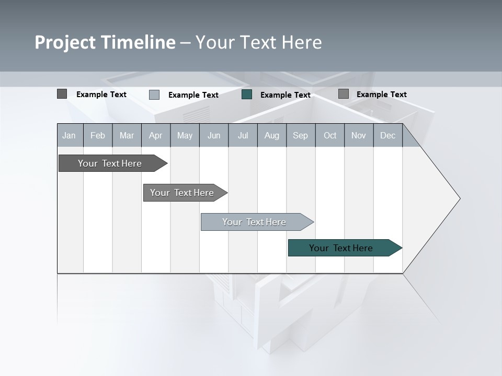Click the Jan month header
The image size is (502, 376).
pyautogui.click(x=70, y=135)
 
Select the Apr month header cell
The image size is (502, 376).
pyautogui.click(x=156, y=135)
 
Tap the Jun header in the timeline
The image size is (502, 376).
pyautogui.click(x=214, y=135)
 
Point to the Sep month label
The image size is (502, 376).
pyautogui.click(x=300, y=135)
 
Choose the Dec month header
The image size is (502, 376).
pyautogui.click(x=387, y=135)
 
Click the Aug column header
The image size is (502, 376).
pyautogui.click(x=271, y=135)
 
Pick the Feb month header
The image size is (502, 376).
pyautogui.click(x=98, y=135)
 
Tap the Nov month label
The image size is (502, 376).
pyautogui.click(x=359, y=135)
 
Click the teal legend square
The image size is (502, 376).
pyautogui.click(x=247, y=95)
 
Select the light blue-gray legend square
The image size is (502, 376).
pyautogui.click(x=154, y=95)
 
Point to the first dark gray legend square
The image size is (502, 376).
pyautogui.click(x=62, y=94)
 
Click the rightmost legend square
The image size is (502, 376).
pyautogui.click(x=344, y=94)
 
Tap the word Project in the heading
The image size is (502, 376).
pyautogui.click(x=65, y=42)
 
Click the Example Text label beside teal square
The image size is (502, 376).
pyautogui.click(x=285, y=95)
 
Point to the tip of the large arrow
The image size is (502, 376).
pyautogui.click(x=459, y=198)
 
